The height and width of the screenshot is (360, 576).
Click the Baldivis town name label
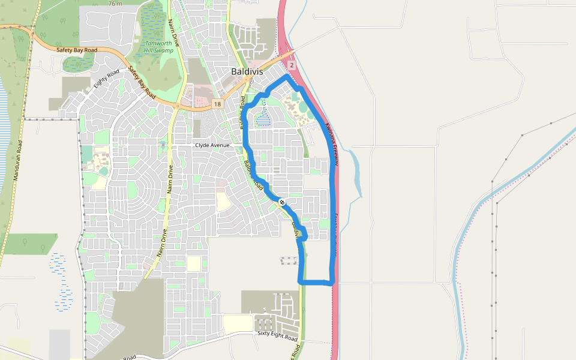click(247, 71)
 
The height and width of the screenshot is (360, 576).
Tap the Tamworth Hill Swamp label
click(158, 47)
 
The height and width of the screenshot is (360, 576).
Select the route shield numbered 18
click(217, 104)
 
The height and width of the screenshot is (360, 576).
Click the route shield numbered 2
click(292, 65)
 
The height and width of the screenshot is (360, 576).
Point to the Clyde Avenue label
click(212, 145)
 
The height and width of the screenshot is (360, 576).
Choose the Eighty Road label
click(106, 78)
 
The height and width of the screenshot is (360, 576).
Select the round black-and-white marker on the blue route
click(281, 203)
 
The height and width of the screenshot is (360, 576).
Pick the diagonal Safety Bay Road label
click(142, 83)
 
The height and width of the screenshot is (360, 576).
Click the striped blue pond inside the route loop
click(263, 121)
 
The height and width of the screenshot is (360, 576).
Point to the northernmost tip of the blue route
click(287, 77)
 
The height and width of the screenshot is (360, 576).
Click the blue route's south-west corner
click(300, 281)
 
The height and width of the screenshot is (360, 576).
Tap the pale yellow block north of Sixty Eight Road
click(238, 323)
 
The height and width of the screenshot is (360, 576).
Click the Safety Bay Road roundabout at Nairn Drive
click(178, 107)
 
